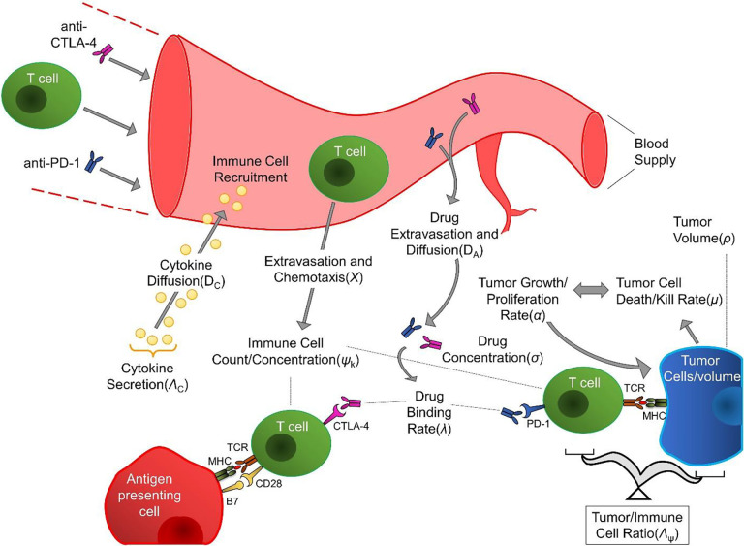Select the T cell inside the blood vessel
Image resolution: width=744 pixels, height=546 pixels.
pos(349,167)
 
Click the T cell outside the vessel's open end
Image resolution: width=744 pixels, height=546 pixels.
pos(42,94)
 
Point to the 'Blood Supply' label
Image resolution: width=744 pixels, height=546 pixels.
pos(655,151)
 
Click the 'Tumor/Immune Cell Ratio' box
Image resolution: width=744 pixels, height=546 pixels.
pos(636,525)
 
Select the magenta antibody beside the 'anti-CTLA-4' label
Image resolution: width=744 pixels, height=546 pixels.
pos(104,53)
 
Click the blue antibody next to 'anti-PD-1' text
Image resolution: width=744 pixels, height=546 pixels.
pos(93,163)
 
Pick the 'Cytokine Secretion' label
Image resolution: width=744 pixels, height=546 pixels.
pos(147,376)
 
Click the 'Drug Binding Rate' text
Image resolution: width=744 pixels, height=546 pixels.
pos(429,412)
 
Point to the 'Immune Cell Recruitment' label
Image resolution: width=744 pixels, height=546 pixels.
pos(250,169)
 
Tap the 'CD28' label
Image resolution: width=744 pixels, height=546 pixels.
pos(268,484)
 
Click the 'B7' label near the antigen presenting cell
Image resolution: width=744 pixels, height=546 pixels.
pos(232,501)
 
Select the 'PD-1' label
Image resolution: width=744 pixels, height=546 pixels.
pos(538,424)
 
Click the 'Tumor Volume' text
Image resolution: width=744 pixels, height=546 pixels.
pos(703,230)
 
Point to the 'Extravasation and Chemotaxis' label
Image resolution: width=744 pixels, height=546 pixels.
pos(318,269)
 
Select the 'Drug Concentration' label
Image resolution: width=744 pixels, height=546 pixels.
pos(492,349)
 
